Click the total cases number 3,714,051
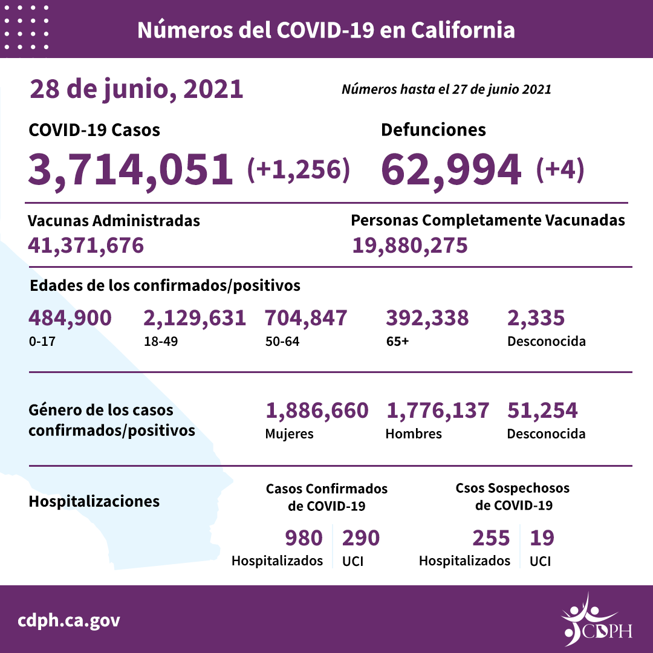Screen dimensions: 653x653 [x=130, y=169]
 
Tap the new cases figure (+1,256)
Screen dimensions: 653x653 [x=299, y=170]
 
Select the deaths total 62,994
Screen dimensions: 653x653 [x=451, y=169]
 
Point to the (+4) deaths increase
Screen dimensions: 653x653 [x=560, y=170]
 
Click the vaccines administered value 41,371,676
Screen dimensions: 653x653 [x=86, y=245]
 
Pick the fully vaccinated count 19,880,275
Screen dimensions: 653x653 [x=409, y=245]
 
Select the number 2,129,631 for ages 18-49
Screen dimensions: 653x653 [x=195, y=318]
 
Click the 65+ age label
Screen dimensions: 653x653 [x=397, y=341]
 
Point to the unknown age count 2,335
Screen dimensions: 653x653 [x=536, y=318]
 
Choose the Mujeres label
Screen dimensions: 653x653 [x=289, y=434]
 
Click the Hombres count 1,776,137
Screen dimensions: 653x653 [x=437, y=411]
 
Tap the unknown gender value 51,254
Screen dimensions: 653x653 [x=542, y=411]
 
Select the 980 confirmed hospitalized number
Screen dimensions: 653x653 [x=304, y=538]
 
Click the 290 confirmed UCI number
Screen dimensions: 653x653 [x=361, y=538]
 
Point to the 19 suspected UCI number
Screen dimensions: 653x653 [x=542, y=538]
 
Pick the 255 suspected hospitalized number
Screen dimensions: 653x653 [x=490, y=538]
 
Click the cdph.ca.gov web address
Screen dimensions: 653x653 [x=68, y=620]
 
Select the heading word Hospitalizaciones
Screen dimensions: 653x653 [x=94, y=501]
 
